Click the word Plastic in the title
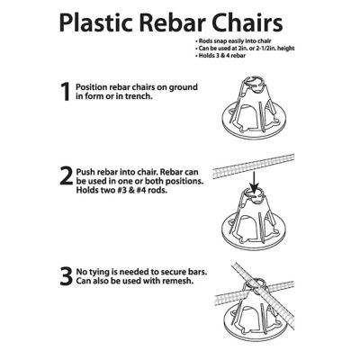pyautogui.click(x=102, y=22)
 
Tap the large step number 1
pyautogui.click(x=64, y=92)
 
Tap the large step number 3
pyautogui.click(x=65, y=276)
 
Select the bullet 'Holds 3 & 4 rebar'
pyautogui.click(x=221, y=58)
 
